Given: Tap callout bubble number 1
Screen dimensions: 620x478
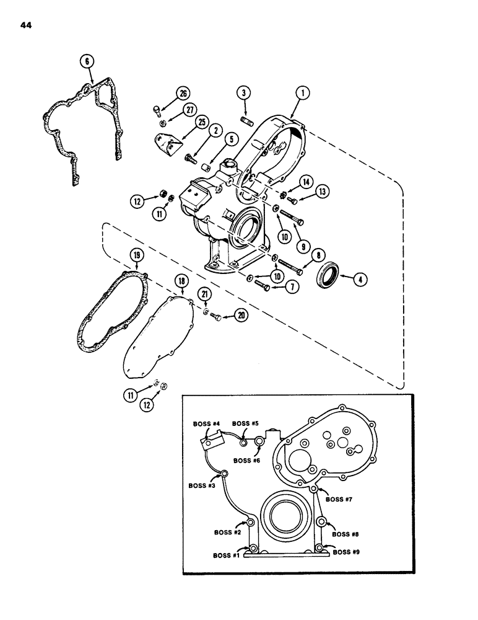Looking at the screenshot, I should click(x=302, y=93).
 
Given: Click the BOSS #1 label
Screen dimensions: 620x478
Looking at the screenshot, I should click(x=227, y=556).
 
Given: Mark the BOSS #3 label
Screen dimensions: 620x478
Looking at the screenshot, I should click(x=203, y=485).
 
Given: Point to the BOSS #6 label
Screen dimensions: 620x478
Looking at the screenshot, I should click(x=248, y=461).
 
